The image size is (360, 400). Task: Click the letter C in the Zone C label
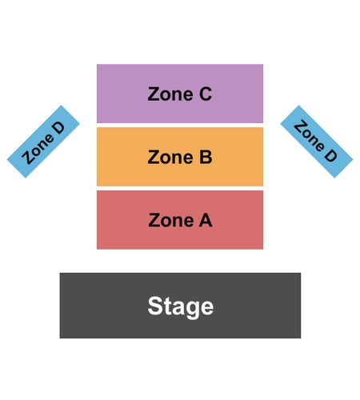click(x=206, y=94)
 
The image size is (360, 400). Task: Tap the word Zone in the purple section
click(x=170, y=94)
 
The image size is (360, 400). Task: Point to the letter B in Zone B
click(x=206, y=157)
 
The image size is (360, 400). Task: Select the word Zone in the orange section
click(x=170, y=157)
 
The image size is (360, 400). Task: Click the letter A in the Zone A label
click(x=206, y=220)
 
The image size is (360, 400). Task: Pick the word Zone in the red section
click(x=171, y=220)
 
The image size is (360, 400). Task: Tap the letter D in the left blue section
click(x=58, y=128)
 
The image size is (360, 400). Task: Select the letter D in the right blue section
click(x=330, y=154)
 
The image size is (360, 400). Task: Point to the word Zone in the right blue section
click(x=310, y=135)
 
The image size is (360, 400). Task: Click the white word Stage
click(x=181, y=306)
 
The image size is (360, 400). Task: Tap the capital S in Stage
click(x=155, y=306)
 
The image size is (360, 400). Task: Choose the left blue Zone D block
click(x=43, y=142)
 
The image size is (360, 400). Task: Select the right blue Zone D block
click(x=317, y=142)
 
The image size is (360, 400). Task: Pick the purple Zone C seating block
click(x=180, y=94)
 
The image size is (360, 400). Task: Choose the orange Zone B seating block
click(x=180, y=157)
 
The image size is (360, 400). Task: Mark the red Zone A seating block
click(x=180, y=220)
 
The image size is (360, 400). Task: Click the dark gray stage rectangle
click(x=180, y=306)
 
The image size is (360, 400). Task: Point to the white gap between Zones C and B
click(x=180, y=126)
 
